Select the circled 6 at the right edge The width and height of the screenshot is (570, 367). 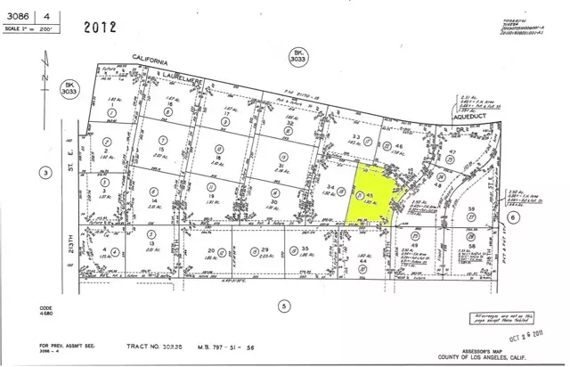pyautogui.click(x=538, y=216)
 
